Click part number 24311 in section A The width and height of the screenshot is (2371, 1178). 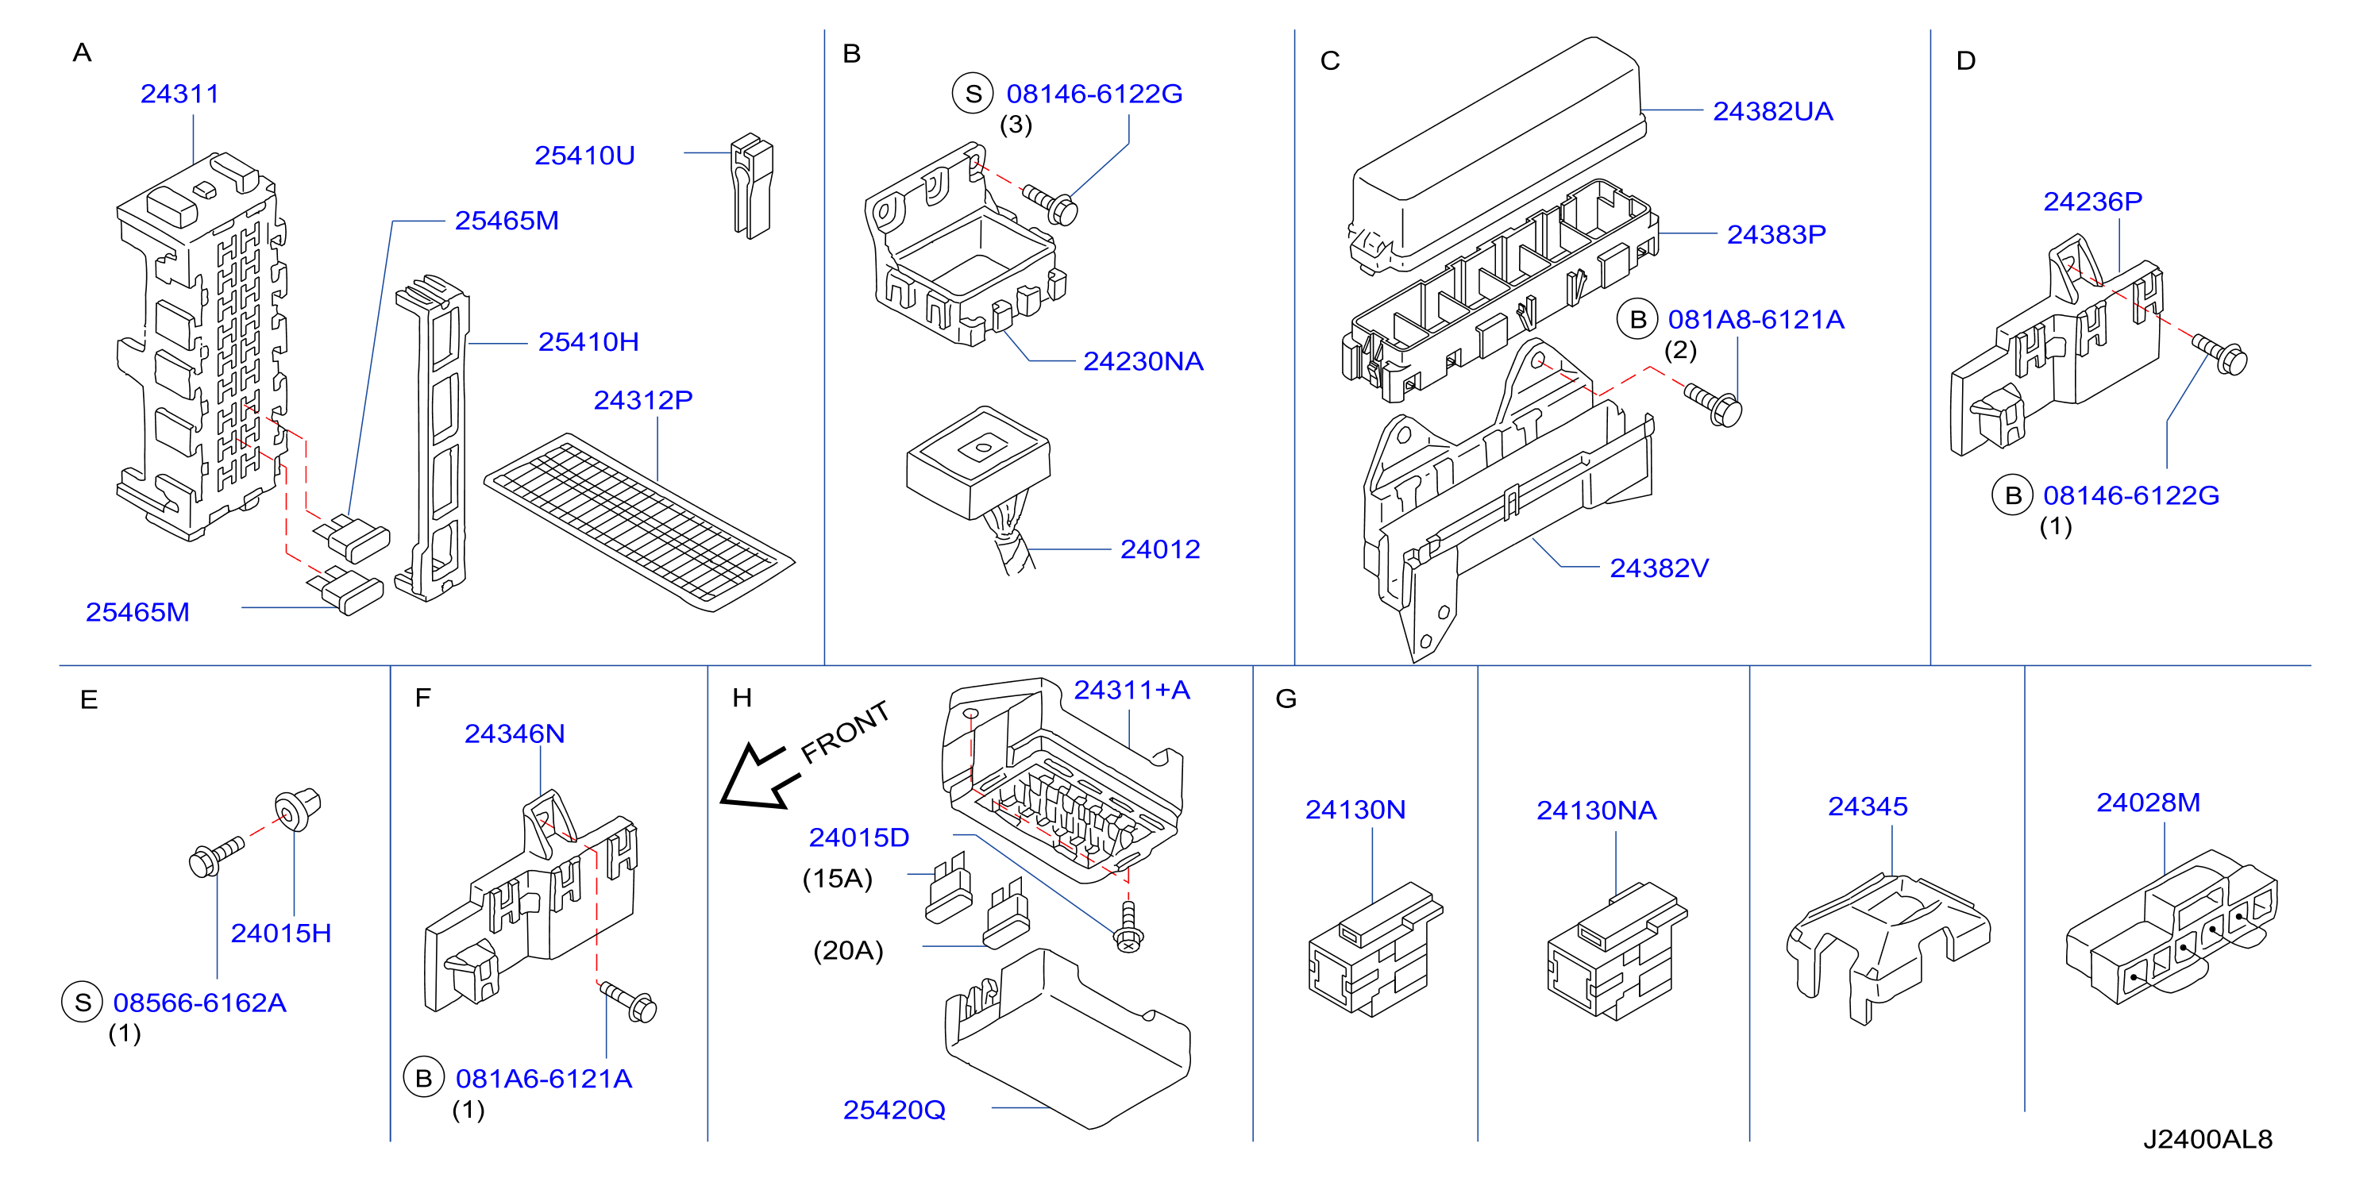click(179, 94)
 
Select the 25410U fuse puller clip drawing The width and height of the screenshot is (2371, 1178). click(751, 187)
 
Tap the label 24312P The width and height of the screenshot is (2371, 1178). click(642, 400)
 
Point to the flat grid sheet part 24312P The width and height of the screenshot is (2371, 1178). click(638, 521)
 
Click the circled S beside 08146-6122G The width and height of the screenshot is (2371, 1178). click(973, 94)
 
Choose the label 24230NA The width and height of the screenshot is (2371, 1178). click(1143, 362)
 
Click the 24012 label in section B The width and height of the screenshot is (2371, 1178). click(1160, 549)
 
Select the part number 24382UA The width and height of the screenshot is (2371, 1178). click(1773, 111)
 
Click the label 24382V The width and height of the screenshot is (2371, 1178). click(1659, 568)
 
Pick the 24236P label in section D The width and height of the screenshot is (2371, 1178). click(2092, 202)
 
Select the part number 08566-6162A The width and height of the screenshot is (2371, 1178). click(200, 1003)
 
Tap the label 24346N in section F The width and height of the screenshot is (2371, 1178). click(515, 733)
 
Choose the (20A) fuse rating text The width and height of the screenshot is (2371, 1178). click(848, 949)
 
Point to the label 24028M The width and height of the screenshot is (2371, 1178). click(2148, 803)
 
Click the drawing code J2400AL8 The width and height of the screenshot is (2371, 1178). click(2208, 1139)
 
